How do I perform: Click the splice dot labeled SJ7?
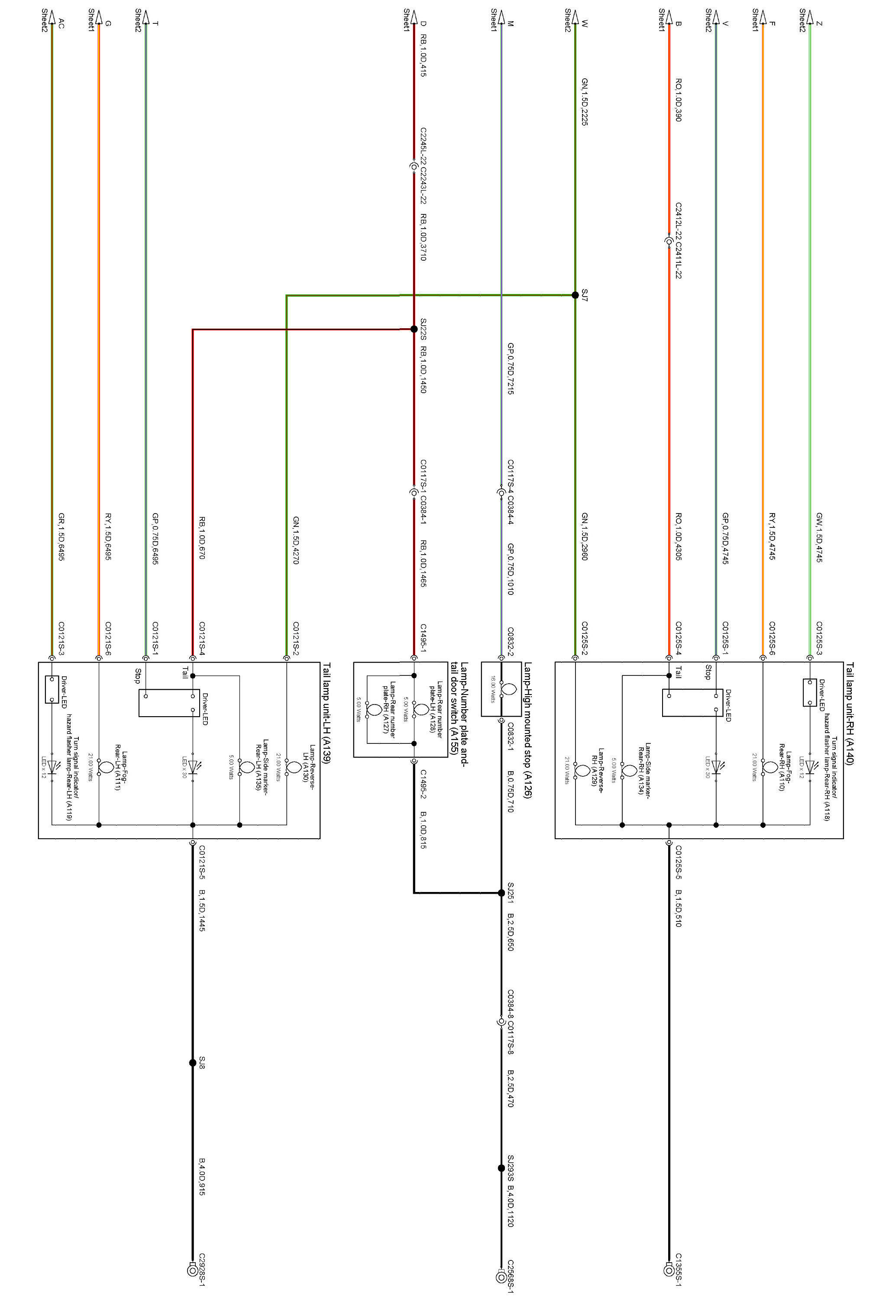point(575,295)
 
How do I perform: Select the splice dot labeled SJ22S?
point(414,329)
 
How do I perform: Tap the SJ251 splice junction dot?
point(501,893)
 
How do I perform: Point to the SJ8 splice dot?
point(193,1063)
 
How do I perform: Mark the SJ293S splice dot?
point(501,1168)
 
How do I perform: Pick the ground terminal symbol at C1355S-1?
point(669,1270)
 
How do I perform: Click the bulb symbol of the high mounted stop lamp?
point(508,689)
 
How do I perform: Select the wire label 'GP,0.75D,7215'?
point(511,368)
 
